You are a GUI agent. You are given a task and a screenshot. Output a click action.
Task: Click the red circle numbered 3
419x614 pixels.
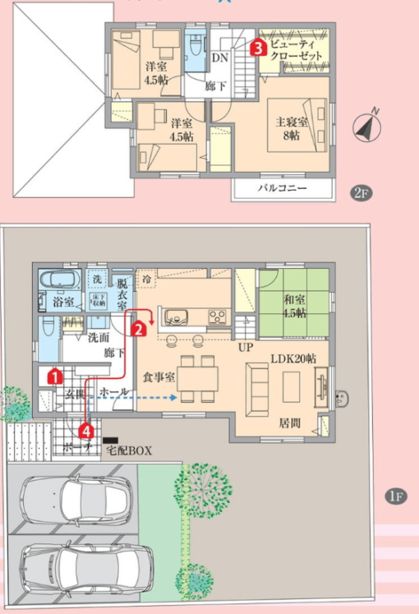(258, 48)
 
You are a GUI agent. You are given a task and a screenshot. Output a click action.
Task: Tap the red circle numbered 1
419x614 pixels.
(54, 376)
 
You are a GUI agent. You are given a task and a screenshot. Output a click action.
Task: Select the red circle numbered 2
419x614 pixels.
(140, 329)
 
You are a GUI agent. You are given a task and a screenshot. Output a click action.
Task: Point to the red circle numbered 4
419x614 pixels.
(86, 429)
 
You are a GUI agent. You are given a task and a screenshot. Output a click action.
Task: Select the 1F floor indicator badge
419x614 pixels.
(395, 496)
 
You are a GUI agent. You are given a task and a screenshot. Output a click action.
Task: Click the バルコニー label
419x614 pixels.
(282, 188)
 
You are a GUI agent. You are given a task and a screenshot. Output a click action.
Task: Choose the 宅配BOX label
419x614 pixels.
(131, 450)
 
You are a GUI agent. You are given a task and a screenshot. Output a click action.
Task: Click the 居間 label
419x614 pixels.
(289, 424)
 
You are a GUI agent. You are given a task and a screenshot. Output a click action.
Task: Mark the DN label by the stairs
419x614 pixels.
(219, 58)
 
